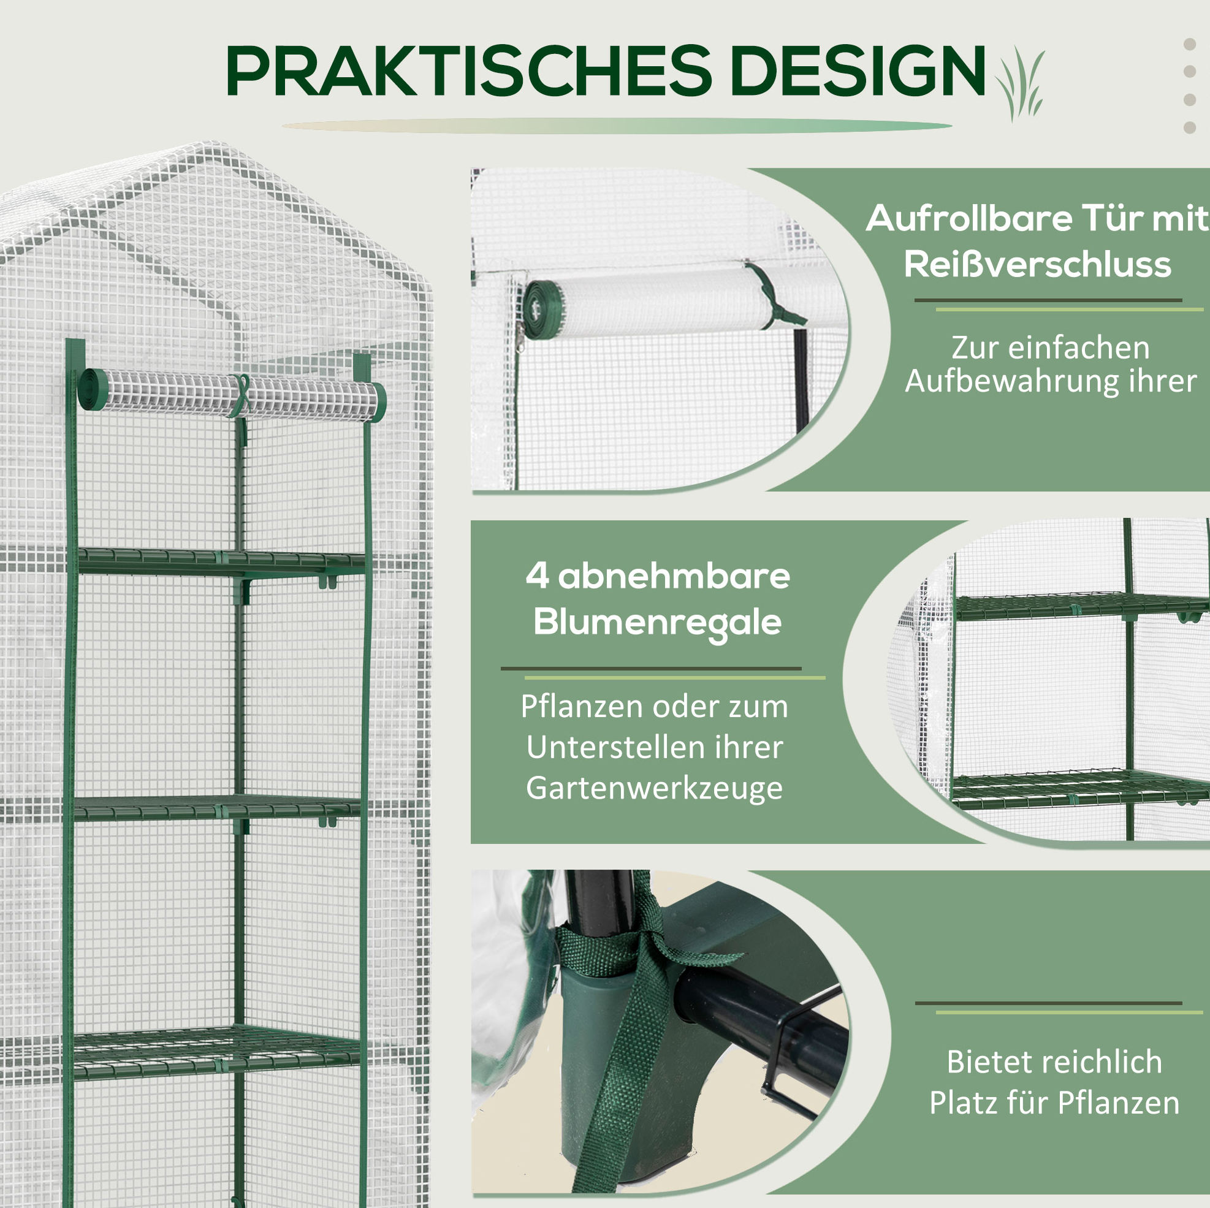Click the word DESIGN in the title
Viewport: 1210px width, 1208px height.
point(858,70)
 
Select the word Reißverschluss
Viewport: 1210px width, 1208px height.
point(1037,264)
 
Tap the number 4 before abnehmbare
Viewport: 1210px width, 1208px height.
point(537,575)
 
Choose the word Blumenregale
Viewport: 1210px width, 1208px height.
point(657,623)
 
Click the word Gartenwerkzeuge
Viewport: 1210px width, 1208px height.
point(654,788)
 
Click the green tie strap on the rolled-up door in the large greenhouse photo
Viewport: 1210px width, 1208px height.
point(240,397)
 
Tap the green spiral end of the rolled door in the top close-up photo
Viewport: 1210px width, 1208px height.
point(544,310)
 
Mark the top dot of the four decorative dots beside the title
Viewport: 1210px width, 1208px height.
point(1190,44)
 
